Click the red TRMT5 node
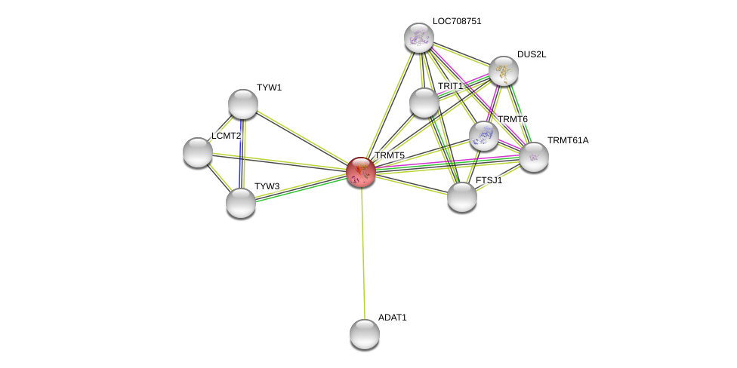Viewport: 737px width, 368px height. (361, 172)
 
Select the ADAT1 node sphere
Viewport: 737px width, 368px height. (365, 334)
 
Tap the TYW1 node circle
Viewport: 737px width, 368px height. (243, 104)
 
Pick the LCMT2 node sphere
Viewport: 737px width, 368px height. (197, 152)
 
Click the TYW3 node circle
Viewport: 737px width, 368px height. (241, 204)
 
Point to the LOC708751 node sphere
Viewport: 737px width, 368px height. (419, 37)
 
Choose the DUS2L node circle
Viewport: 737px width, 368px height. (504, 71)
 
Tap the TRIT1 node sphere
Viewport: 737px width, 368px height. (424, 103)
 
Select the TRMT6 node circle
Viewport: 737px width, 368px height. (483, 136)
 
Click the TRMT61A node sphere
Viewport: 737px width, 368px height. (533, 158)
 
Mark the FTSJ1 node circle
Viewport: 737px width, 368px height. (462, 197)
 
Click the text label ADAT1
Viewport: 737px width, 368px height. (393, 317)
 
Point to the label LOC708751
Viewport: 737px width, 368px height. (457, 22)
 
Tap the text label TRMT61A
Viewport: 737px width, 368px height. (568, 140)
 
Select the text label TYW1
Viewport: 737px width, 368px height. (270, 87)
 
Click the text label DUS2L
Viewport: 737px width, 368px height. (532, 54)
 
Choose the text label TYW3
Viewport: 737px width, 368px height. (267, 186)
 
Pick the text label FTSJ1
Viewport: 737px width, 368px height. (489, 180)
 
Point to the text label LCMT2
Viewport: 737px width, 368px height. (226, 136)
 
